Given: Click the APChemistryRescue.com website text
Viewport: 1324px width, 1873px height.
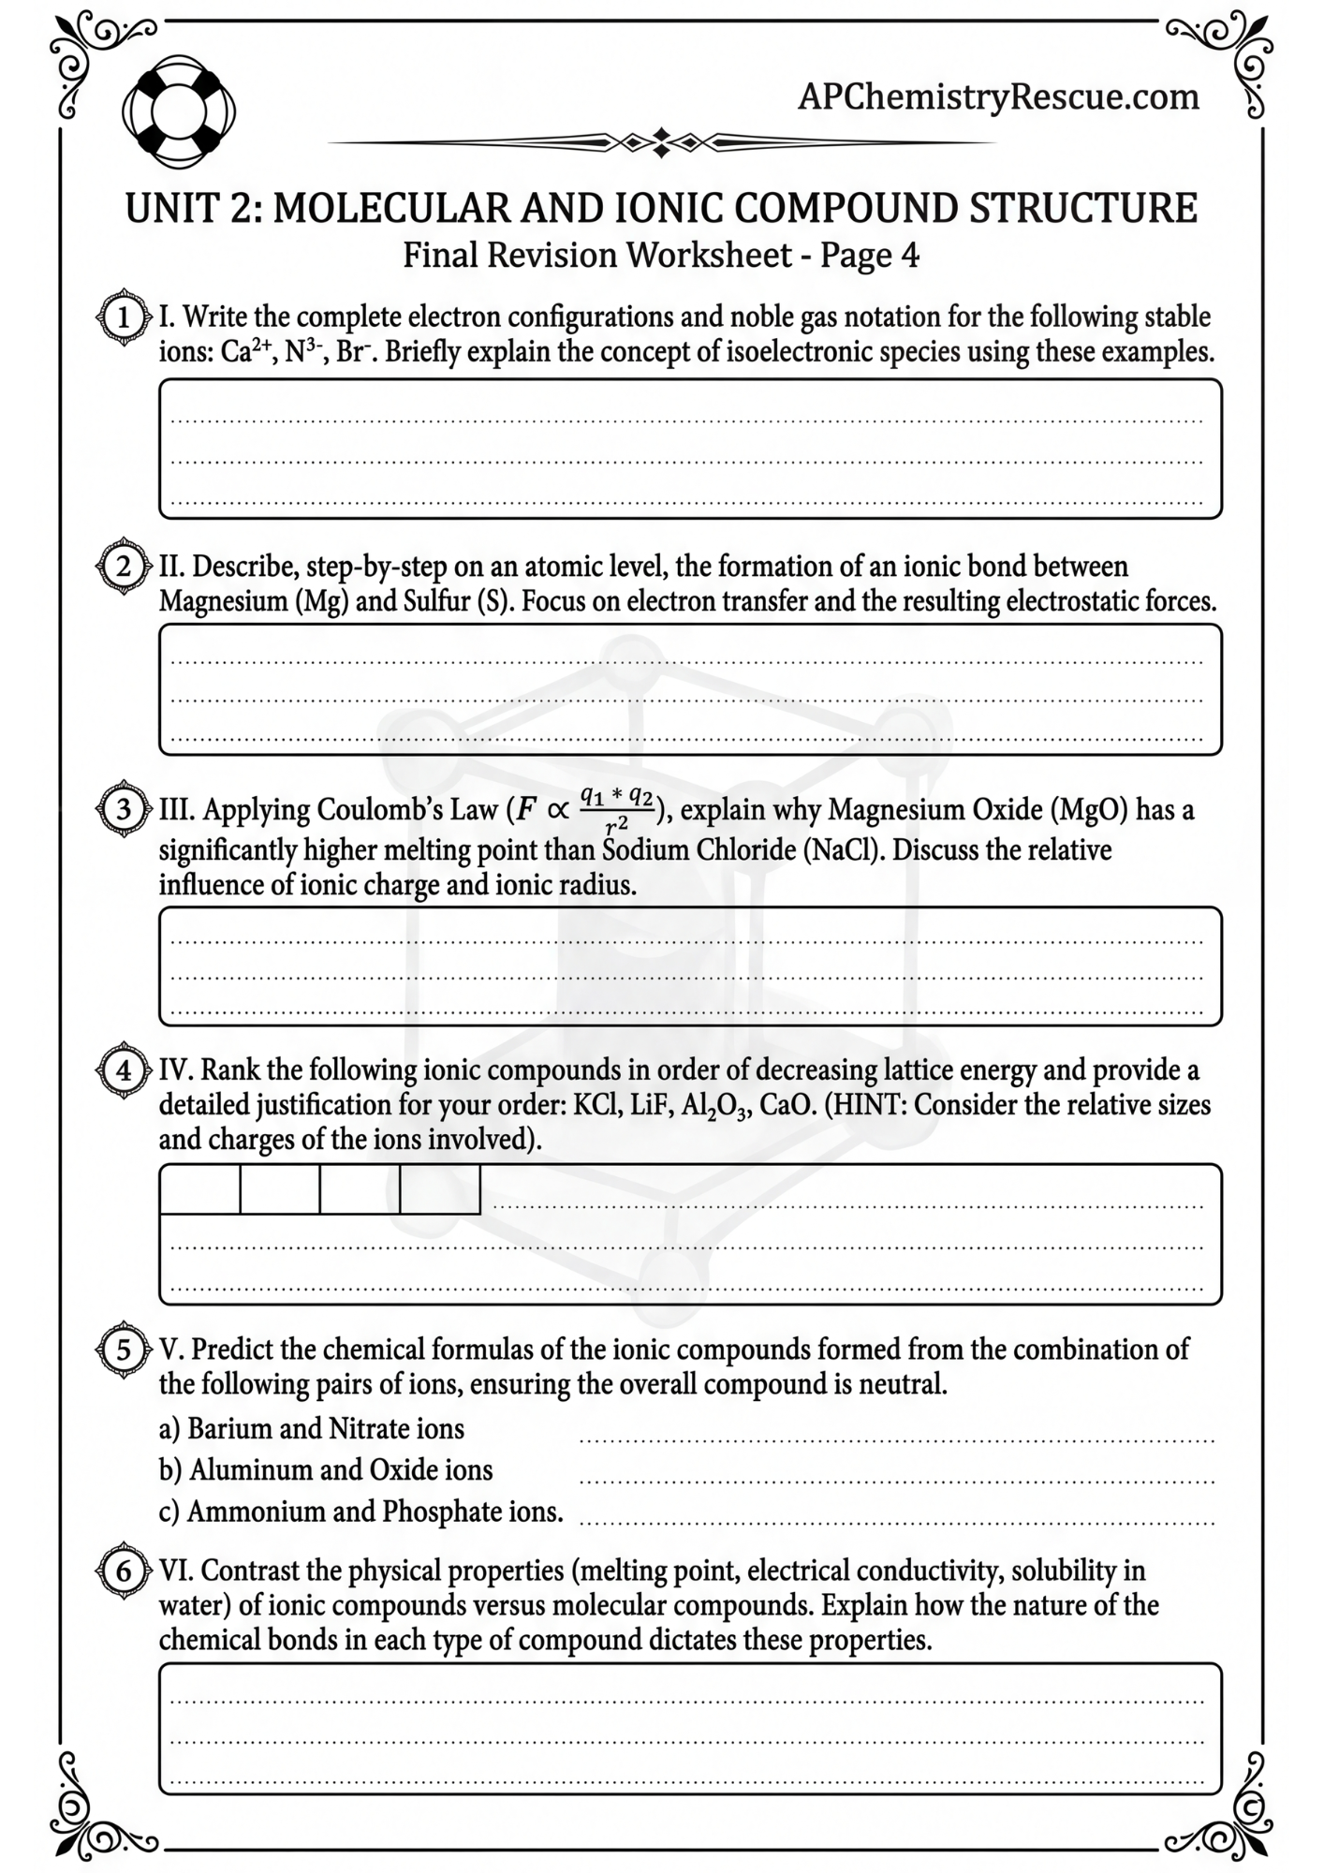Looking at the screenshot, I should [998, 96].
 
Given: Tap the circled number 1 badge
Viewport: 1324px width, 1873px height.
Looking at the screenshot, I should [124, 318].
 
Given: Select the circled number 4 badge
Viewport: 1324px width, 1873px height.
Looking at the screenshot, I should [124, 1070].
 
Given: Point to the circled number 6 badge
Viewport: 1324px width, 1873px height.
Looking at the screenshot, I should [124, 1571].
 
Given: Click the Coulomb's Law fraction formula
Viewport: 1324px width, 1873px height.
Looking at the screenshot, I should [615, 809].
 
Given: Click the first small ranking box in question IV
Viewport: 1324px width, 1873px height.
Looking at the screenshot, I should [200, 1189].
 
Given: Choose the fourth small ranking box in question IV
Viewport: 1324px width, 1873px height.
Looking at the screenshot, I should [440, 1189].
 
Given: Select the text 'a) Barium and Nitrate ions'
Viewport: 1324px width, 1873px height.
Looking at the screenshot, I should [312, 1429].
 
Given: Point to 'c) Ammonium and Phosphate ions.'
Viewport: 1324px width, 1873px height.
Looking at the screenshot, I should [361, 1512].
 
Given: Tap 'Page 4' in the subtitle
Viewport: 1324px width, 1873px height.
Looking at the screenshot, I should [870, 256].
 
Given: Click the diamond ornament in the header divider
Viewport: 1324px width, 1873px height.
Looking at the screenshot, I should [661, 142].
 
